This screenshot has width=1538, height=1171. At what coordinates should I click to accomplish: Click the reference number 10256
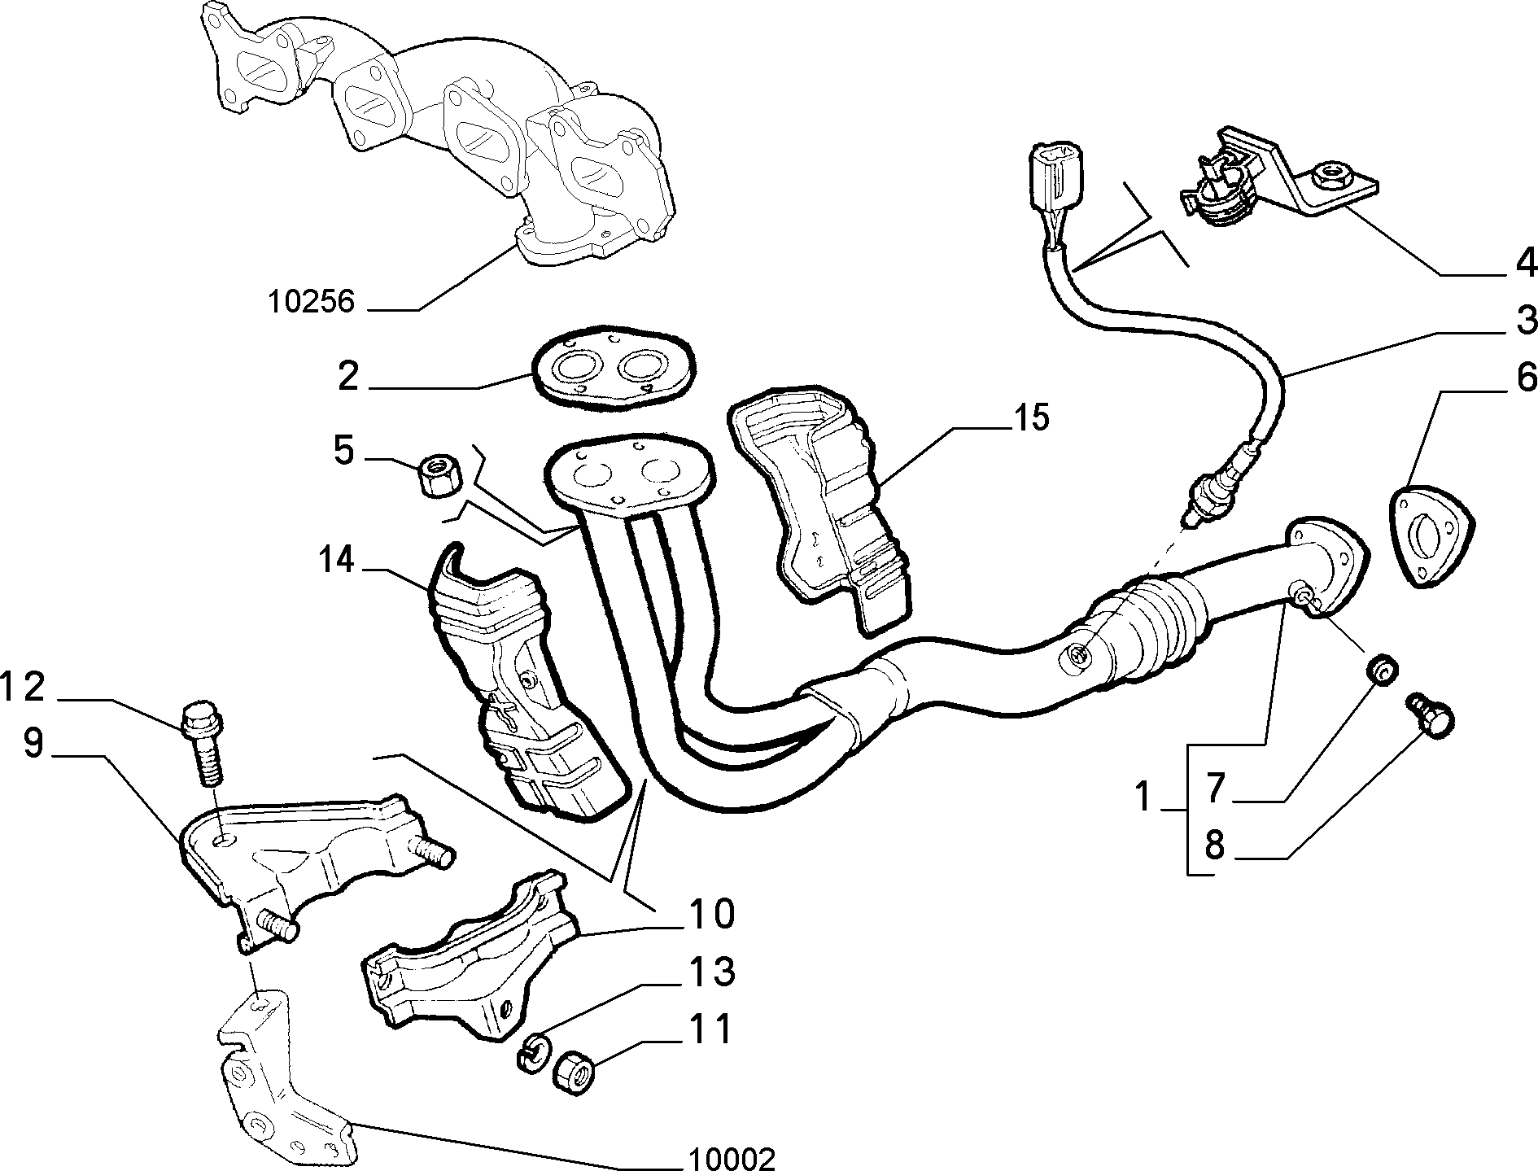pos(312,302)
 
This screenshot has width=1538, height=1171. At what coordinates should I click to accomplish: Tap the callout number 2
pos(348,376)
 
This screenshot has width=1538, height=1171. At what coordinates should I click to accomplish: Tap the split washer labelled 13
pos(531,1051)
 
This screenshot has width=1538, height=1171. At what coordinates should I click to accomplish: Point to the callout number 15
pos(1030,418)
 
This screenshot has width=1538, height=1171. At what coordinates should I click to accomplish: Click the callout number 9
pos(33,742)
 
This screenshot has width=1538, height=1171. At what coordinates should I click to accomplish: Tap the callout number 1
pos(1143,797)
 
